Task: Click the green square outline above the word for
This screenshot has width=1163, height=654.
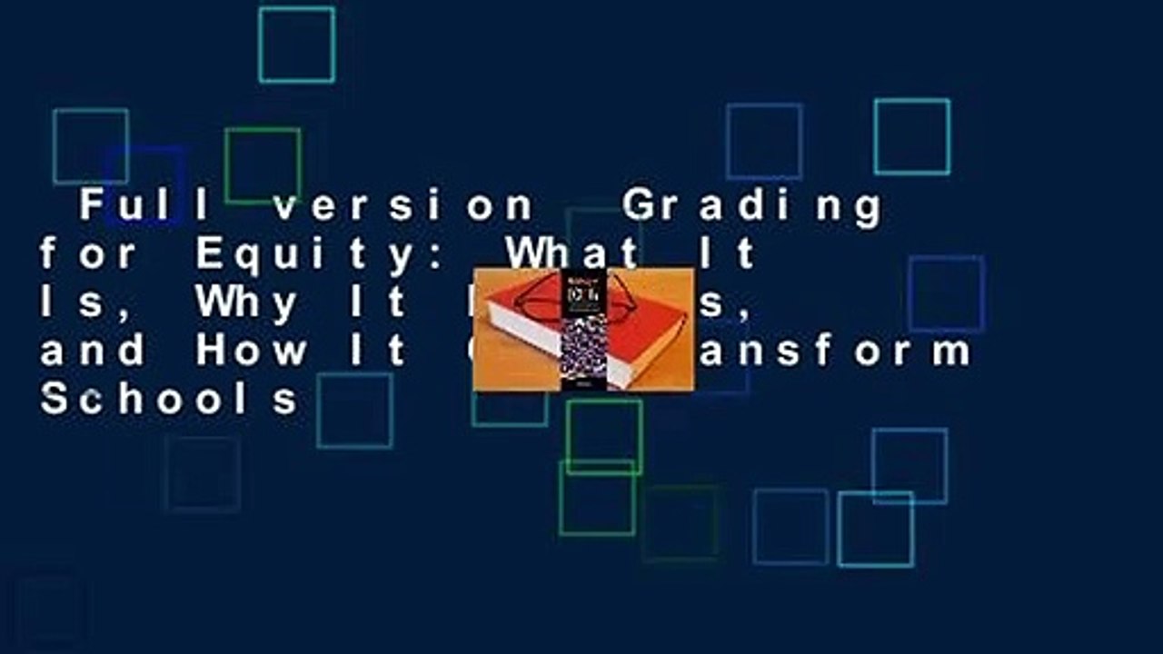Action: [x=263, y=165]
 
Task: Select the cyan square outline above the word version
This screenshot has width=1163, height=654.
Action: [x=296, y=45]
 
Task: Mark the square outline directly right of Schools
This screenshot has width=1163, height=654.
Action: [x=354, y=411]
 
